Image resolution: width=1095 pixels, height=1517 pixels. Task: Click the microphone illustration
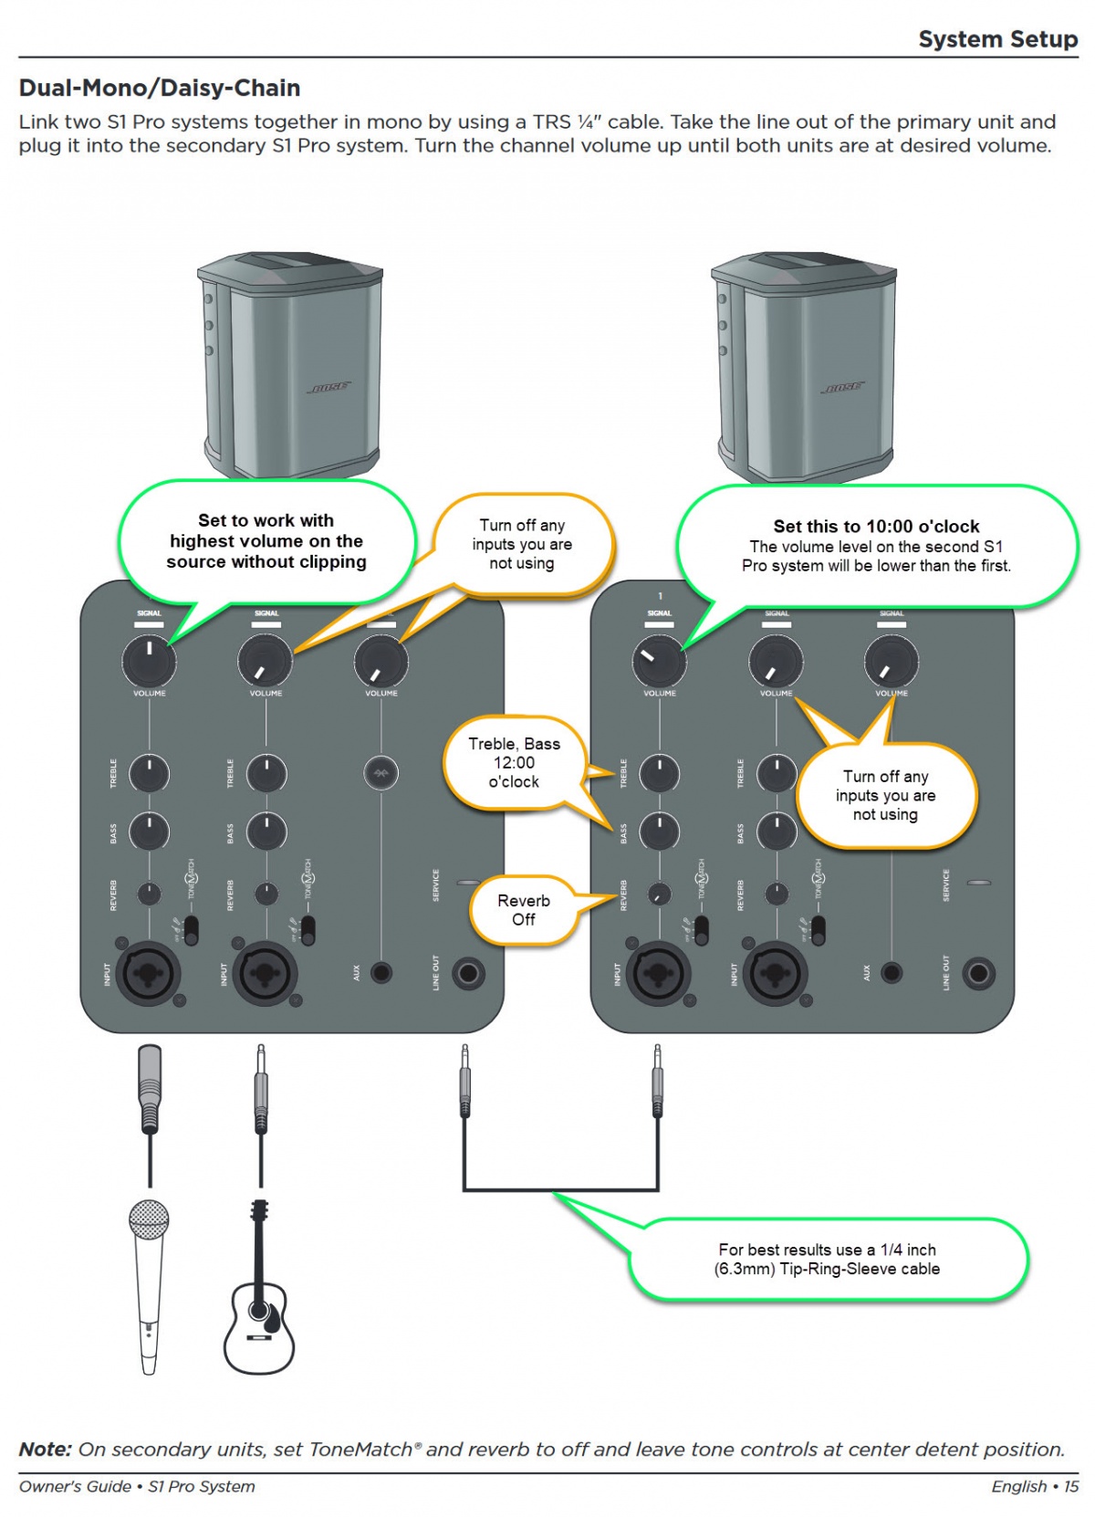(x=148, y=1282)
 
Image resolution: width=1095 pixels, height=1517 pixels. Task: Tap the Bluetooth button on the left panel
(x=381, y=774)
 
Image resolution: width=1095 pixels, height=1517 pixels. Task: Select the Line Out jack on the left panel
(x=468, y=973)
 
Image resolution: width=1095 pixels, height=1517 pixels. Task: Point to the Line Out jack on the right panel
(x=978, y=973)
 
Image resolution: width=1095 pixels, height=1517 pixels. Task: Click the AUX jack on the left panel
(x=381, y=973)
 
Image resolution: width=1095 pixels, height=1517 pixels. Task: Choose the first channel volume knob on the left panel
(x=149, y=661)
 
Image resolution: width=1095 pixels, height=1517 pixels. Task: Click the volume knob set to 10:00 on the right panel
(x=659, y=661)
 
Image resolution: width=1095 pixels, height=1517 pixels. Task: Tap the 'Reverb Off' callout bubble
(x=524, y=910)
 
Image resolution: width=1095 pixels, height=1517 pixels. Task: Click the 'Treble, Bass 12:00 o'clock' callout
(x=514, y=763)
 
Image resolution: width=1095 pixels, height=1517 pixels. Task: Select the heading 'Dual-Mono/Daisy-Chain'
(x=160, y=89)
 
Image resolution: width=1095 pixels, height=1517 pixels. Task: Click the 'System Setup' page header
(x=997, y=39)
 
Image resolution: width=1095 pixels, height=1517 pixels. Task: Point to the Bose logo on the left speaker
(x=328, y=388)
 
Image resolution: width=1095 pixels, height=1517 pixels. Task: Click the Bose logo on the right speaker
(x=841, y=388)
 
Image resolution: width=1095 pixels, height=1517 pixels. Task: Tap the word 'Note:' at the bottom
(x=46, y=1449)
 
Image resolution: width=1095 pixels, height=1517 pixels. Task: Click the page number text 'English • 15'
(x=1034, y=1487)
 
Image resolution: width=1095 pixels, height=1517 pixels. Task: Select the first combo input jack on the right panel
(x=659, y=973)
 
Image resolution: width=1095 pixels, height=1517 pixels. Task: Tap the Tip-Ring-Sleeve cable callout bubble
(x=828, y=1260)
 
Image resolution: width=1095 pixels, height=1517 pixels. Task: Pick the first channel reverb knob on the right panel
(x=659, y=895)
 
